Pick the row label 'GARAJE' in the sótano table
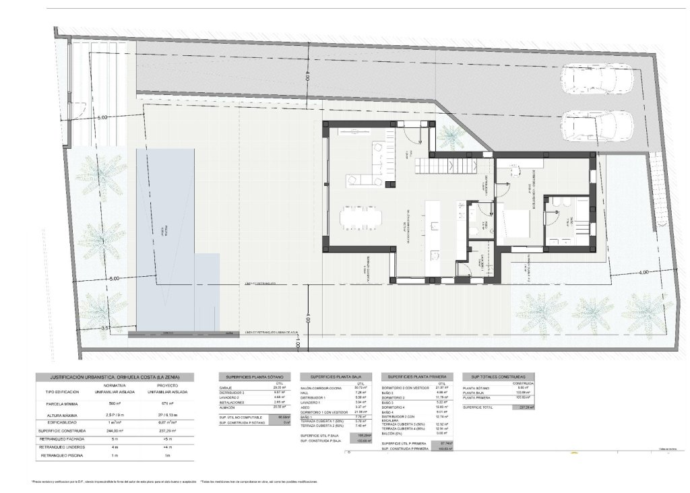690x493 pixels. pos(226,388)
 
